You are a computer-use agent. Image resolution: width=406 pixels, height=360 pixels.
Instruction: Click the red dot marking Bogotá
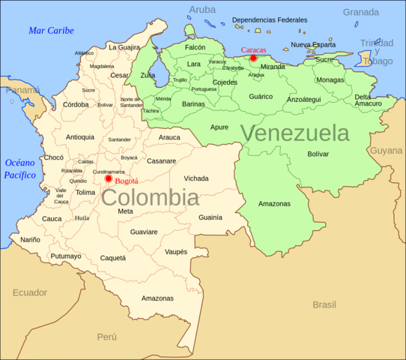(109, 178)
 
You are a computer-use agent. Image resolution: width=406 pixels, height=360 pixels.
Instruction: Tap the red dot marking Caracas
(253, 58)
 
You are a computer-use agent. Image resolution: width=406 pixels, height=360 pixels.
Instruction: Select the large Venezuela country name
(294, 133)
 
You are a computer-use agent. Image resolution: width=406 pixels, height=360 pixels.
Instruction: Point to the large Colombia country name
(150, 198)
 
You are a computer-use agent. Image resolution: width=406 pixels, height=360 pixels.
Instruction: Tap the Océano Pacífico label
(20, 169)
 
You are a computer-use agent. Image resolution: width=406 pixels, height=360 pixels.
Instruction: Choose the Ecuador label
(29, 292)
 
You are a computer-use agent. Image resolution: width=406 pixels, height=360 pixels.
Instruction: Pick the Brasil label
(324, 304)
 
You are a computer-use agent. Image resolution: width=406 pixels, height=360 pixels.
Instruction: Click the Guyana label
(387, 151)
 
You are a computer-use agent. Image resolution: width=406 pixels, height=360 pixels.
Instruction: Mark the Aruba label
(202, 10)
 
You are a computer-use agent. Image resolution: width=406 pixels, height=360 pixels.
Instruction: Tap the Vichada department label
(196, 178)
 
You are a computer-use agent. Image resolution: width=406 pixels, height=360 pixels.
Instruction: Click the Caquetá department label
(113, 258)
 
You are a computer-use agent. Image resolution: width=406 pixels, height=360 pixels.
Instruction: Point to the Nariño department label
(30, 240)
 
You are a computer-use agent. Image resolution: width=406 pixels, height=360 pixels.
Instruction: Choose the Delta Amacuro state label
(368, 100)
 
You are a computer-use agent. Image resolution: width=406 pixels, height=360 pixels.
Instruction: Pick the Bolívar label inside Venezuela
(318, 154)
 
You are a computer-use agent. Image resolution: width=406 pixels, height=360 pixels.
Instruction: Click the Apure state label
(219, 127)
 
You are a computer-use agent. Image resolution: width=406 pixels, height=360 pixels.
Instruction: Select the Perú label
(107, 337)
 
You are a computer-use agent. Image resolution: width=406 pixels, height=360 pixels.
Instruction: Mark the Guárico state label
(261, 97)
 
